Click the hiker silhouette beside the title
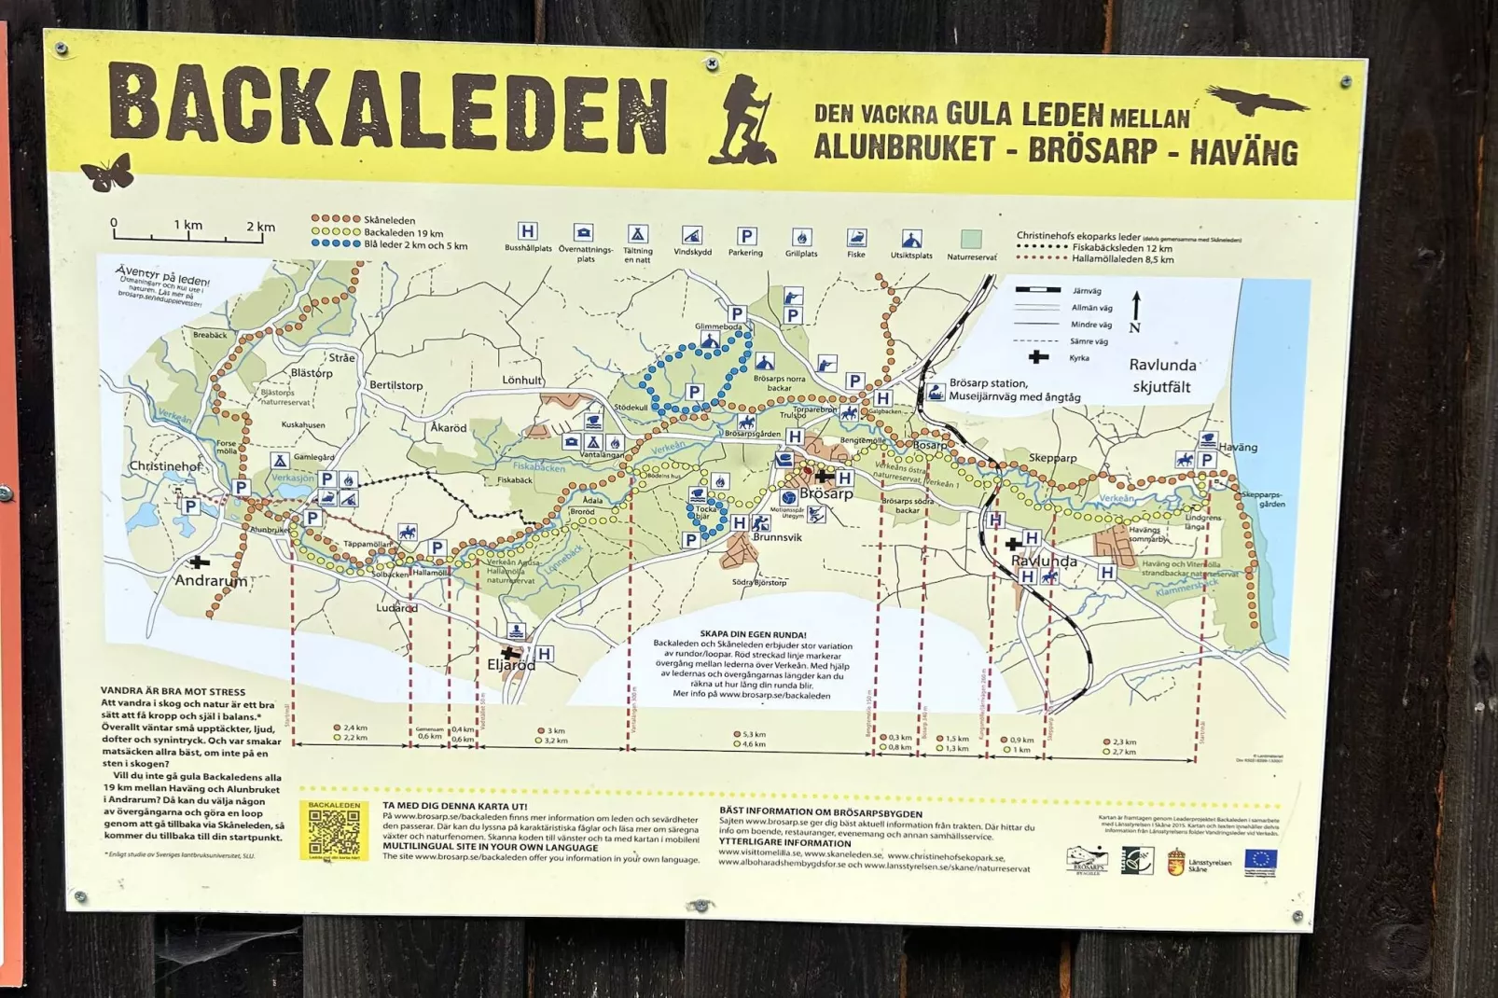point(742,119)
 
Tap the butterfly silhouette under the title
point(107,173)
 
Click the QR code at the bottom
point(334,831)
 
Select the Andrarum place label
point(212,581)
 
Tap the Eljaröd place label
point(511,666)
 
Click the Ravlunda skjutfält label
point(1161,376)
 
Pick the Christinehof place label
point(166,466)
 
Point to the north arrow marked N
point(1135,312)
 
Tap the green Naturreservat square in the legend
point(971,240)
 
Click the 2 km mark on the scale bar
point(261,227)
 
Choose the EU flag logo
point(1260,859)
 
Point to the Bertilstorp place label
point(396,385)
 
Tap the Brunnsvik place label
point(777,537)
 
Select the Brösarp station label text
point(988,383)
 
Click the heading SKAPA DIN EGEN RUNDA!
point(753,634)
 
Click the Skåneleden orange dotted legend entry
point(364,220)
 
